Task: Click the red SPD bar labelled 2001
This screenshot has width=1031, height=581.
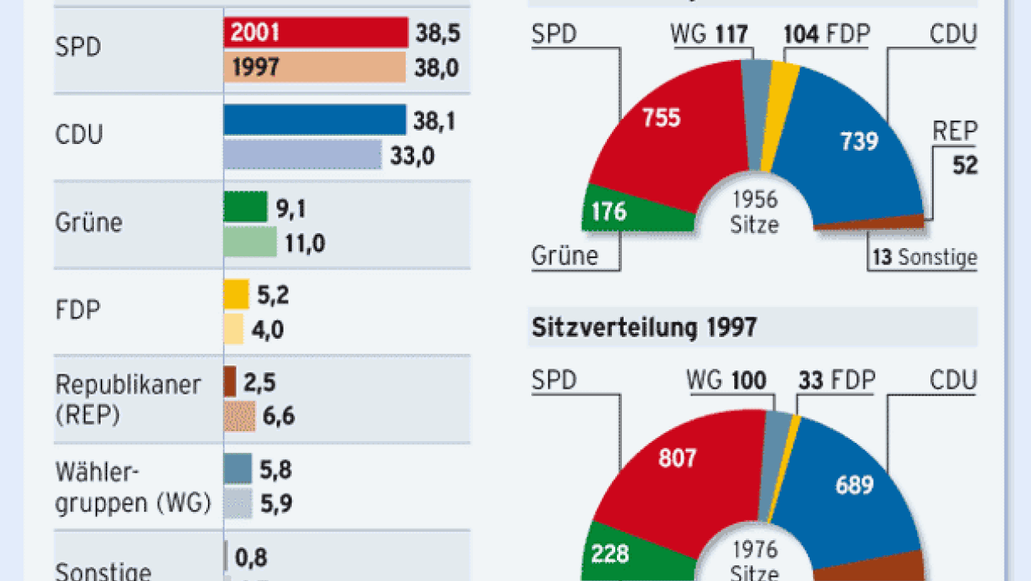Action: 315,33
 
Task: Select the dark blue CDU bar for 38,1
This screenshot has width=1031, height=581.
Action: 315,120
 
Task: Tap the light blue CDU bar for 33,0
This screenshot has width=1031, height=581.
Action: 303,155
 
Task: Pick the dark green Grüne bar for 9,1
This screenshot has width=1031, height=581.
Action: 245,207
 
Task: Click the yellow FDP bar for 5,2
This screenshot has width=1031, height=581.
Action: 236,295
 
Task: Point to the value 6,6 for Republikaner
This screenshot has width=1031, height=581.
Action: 279,416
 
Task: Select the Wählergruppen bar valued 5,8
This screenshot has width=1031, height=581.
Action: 238,469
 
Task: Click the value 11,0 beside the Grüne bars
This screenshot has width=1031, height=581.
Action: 305,243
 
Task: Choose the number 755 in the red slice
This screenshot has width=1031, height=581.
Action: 661,117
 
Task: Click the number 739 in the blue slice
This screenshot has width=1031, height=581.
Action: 859,142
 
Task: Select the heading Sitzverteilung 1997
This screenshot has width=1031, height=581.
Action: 644,327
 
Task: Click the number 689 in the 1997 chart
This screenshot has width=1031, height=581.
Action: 856,485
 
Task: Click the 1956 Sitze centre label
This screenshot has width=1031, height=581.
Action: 755,212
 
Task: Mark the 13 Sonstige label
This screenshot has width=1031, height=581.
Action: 924,258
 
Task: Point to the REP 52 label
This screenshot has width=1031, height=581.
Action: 954,148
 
